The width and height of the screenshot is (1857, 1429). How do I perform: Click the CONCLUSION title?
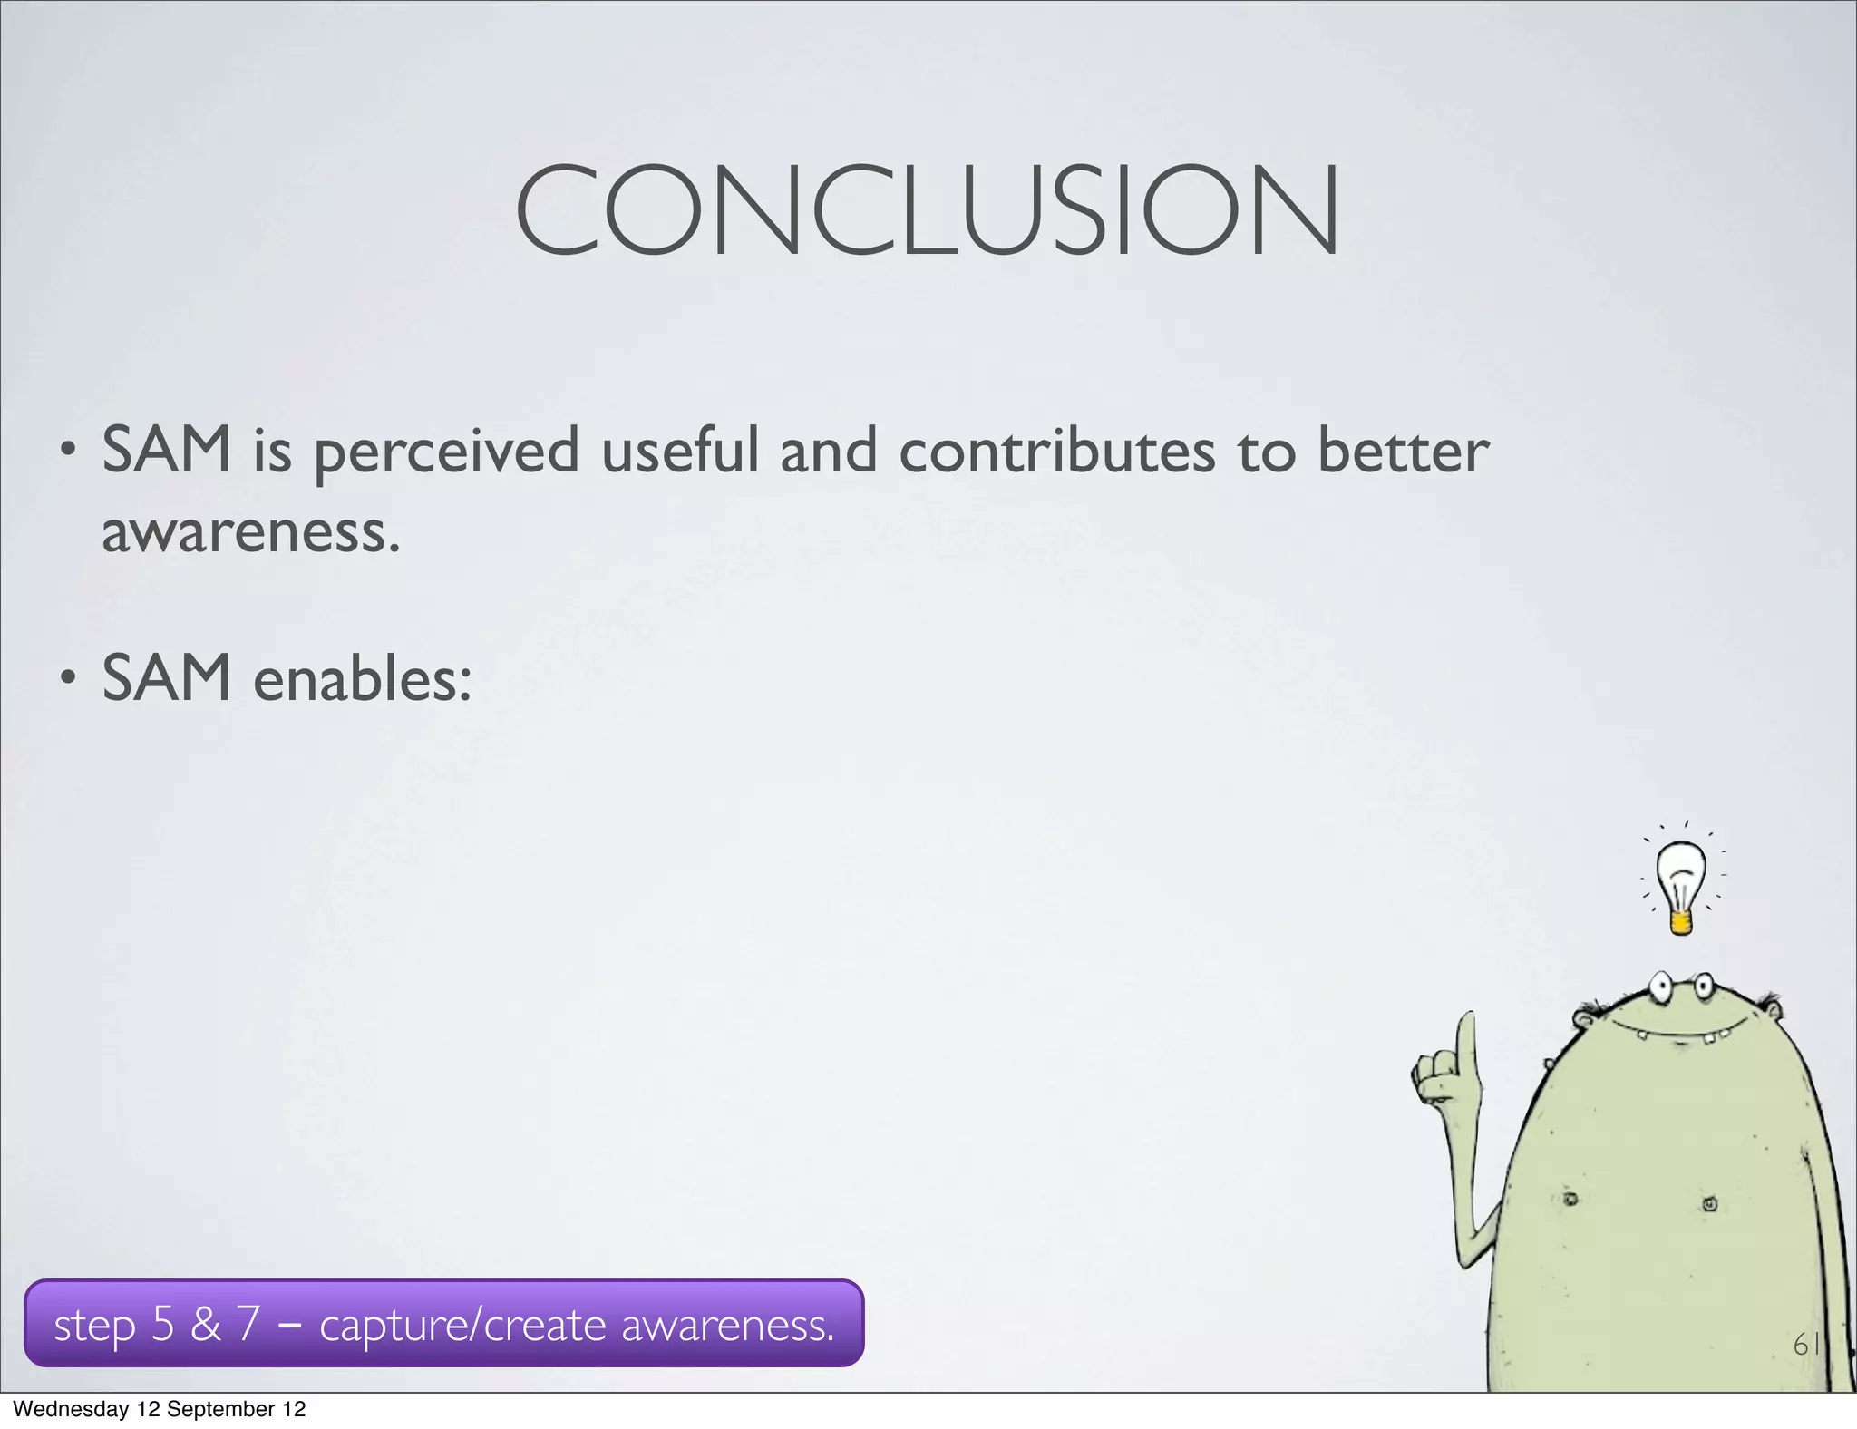pyautogui.click(x=927, y=210)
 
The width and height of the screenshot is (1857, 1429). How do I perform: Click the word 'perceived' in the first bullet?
pyautogui.click(x=446, y=452)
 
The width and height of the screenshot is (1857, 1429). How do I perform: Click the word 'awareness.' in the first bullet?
pyautogui.click(x=250, y=532)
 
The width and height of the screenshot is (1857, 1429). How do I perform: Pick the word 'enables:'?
pyautogui.click(x=362, y=679)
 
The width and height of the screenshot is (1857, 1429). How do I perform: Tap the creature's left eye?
pyautogui.click(x=1661, y=987)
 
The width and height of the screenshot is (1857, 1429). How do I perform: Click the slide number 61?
pyautogui.click(x=1805, y=1345)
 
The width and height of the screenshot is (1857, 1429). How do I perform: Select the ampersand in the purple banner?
pyautogui.click(x=206, y=1324)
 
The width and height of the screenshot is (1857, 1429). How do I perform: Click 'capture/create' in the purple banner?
pyautogui.click(x=462, y=1325)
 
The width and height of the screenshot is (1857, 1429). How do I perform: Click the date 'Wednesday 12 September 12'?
pyautogui.click(x=160, y=1409)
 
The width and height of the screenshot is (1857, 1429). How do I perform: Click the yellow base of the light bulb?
pyautogui.click(x=1680, y=923)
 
